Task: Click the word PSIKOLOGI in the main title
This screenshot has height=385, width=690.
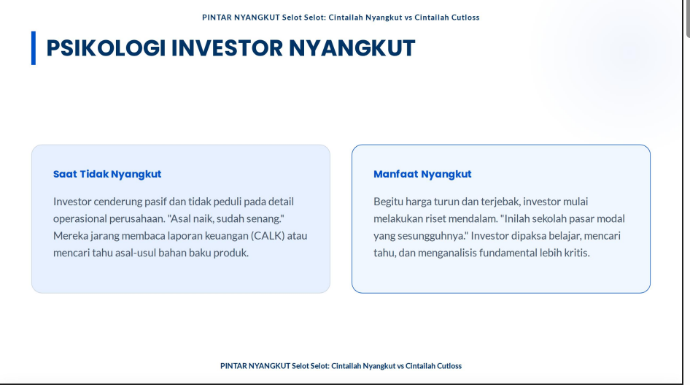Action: coord(106,48)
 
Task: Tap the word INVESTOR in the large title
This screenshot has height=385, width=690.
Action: coord(227,48)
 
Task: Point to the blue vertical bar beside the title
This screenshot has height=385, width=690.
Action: coord(34,48)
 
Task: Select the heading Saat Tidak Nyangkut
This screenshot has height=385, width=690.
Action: coord(107,175)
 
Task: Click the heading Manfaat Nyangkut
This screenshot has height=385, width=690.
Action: coord(422,175)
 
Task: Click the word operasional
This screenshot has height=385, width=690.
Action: coord(80,219)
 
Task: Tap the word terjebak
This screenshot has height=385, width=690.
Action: coord(501,202)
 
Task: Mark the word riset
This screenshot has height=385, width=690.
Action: coord(436,219)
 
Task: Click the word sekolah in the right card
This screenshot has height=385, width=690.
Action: coord(548,219)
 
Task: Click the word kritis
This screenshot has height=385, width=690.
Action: coord(577,253)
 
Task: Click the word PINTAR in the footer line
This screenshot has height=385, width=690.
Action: coord(233,366)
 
